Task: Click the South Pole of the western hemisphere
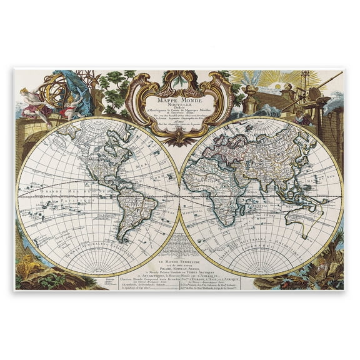[97, 273]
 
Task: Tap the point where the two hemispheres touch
[179, 197]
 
